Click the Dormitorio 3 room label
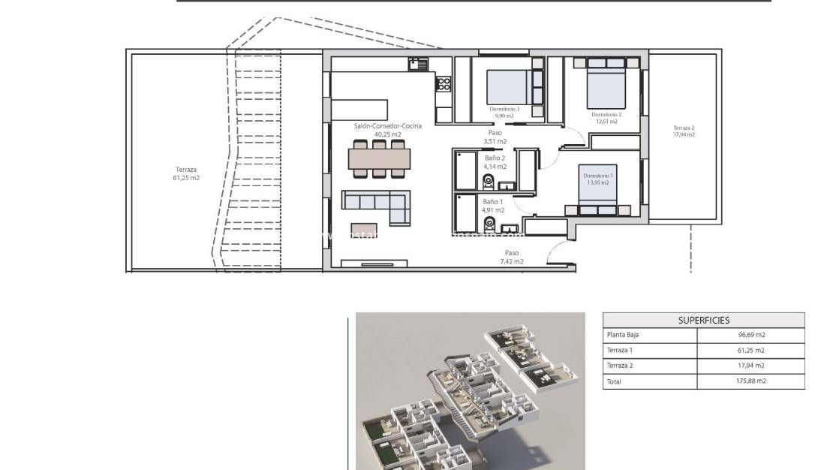(x=505, y=110)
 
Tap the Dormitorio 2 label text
(x=606, y=114)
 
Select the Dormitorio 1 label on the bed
(x=599, y=176)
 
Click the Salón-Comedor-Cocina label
(x=388, y=126)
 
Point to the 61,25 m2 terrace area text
(x=187, y=178)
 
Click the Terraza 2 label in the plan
(x=684, y=128)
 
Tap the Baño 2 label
(x=495, y=158)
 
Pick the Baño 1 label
(x=493, y=202)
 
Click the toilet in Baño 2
(x=487, y=181)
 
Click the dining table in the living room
(x=380, y=158)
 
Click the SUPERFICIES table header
(x=703, y=320)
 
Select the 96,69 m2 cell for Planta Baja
(x=750, y=336)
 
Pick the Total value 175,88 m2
(x=750, y=381)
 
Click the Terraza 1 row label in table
(x=620, y=351)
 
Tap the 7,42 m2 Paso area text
(x=511, y=262)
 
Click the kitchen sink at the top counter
(x=417, y=65)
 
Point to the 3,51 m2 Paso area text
(x=495, y=141)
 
